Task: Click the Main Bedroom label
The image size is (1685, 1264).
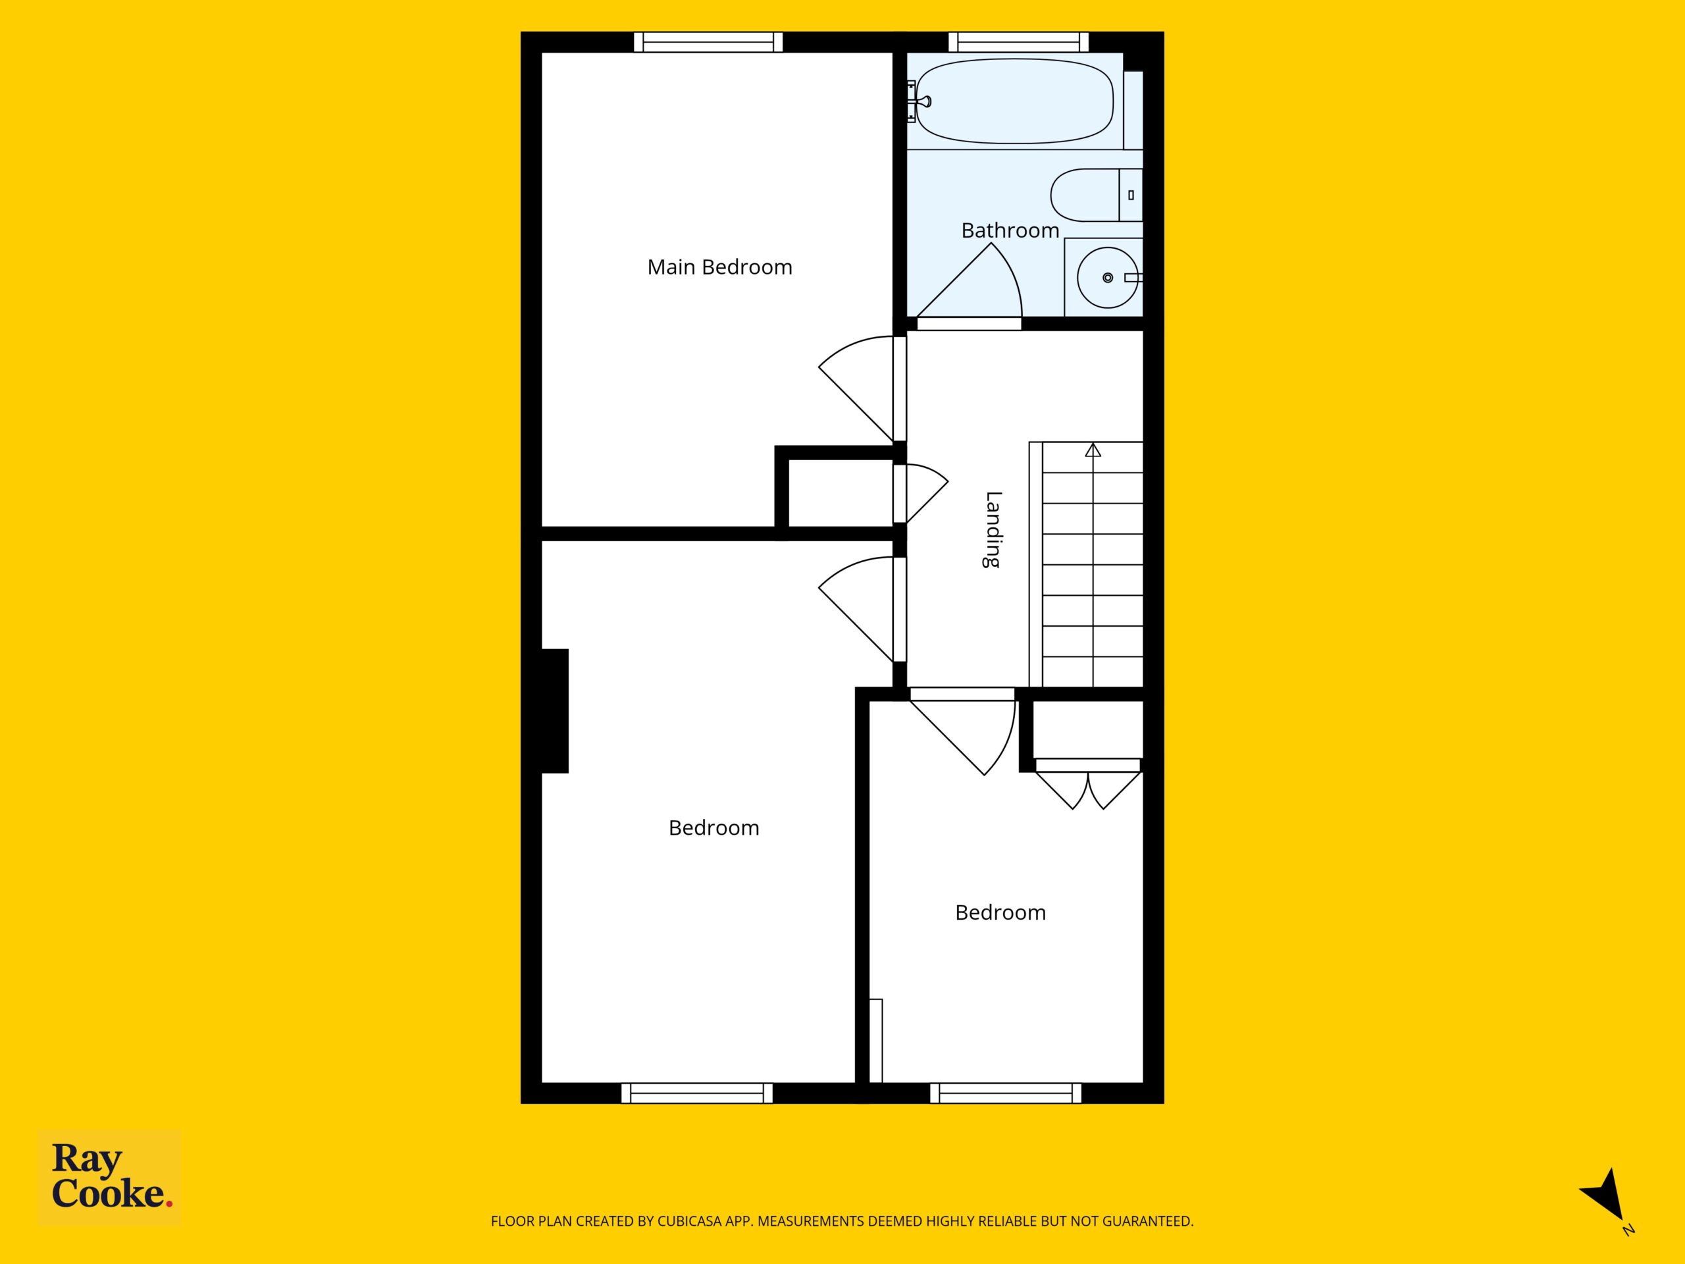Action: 719,267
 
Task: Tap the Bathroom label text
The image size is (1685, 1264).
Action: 1010,230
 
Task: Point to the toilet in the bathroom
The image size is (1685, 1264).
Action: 1096,195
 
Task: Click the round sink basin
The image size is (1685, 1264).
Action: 1107,277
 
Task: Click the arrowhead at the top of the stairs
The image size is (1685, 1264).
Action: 1093,450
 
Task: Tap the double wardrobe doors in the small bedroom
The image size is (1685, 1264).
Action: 1088,790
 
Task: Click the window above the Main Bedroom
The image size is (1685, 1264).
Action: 708,42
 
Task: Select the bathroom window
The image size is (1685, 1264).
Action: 1018,42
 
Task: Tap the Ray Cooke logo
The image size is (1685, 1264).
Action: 110,1176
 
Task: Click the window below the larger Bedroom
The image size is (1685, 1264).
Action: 697,1093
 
